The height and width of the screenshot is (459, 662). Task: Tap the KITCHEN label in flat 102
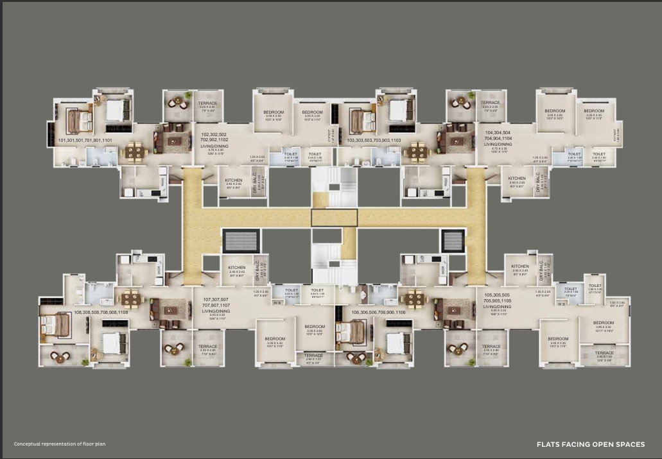click(x=234, y=179)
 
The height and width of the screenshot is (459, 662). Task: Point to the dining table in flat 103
click(x=418, y=152)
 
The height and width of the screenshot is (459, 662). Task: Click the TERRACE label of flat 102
click(x=207, y=103)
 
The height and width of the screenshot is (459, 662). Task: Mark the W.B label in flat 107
click(x=277, y=303)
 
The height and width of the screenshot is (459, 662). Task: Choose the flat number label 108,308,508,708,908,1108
click(x=101, y=312)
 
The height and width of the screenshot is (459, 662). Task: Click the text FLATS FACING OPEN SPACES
click(x=591, y=444)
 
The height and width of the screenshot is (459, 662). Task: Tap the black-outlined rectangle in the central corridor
click(x=334, y=218)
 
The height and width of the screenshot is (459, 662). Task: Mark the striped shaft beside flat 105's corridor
click(x=453, y=241)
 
